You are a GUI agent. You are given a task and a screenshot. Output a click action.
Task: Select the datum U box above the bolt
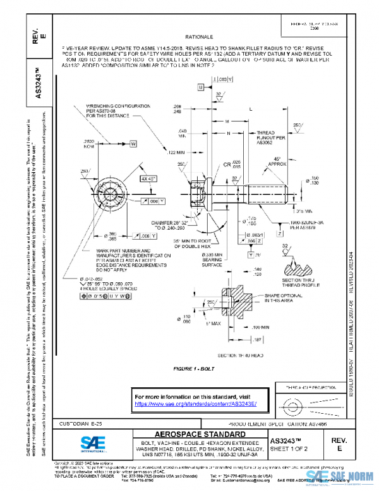click(x=201, y=86)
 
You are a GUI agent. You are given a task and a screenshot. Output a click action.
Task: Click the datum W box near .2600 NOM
click(x=134, y=144)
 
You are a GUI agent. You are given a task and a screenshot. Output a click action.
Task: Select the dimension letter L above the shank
click(x=251, y=109)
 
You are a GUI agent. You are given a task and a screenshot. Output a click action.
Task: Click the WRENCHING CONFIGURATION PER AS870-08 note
click(x=110, y=111)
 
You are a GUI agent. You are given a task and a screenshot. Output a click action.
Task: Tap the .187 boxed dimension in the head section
click(x=260, y=340)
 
